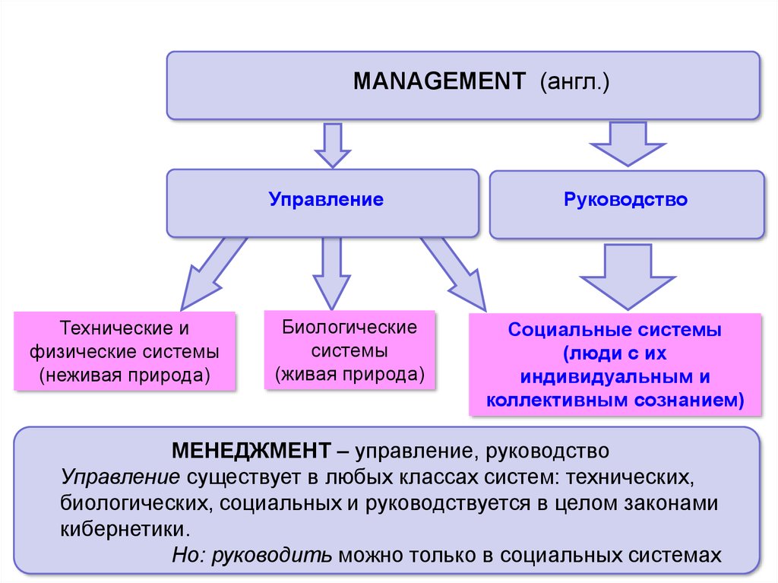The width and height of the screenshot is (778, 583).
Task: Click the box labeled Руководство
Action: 626,201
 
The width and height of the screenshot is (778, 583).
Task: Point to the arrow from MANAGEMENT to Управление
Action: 331,144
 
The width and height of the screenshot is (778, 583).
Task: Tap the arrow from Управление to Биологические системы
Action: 331,270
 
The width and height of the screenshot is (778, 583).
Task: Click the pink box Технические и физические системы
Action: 125,351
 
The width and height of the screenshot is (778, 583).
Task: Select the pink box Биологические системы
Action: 349,350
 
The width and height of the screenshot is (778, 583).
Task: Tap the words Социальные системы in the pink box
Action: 615,332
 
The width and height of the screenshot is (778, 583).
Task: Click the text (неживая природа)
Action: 125,375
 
